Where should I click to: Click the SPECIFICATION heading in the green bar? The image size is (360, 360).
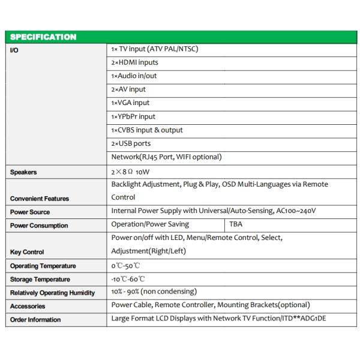click(x=43, y=37)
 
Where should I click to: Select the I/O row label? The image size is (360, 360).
click(x=14, y=50)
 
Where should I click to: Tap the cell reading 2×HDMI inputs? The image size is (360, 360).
click(x=135, y=62)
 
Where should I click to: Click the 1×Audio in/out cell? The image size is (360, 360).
click(x=134, y=76)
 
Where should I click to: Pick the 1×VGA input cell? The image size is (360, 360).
click(x=130, y=103)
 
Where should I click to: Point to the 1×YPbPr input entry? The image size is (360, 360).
click(x=133, y=116)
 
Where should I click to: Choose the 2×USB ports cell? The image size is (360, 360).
click(x=131, y=143)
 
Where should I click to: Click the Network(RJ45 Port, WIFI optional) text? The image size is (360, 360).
click(x=166, y=157)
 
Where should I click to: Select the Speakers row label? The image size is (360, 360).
click(x=23, y=172)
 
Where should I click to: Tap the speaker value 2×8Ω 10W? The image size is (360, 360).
click(x=131, y=172)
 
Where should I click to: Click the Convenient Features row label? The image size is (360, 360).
click(x=40, y=199)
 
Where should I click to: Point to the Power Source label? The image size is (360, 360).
click(x=30, y=212)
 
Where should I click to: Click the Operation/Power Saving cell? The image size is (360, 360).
click(x=150, y=224)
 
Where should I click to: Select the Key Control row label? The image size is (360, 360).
click(x=27, y=252)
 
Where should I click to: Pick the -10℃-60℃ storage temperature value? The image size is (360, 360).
click(x=128, y=279)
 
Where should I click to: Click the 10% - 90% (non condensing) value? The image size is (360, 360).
click(x=154, y=292)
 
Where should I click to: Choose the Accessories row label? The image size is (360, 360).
click(x=28, y=306)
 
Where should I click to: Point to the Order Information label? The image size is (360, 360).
click(x=35, y=320)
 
